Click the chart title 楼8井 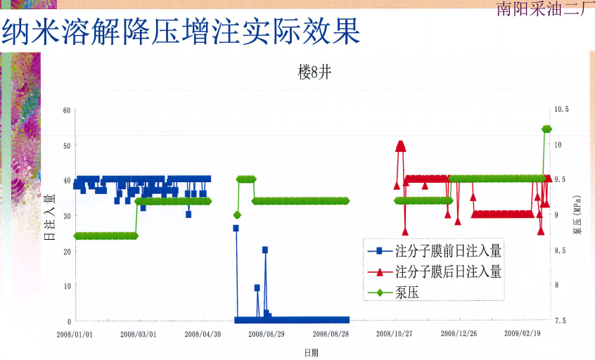[x=314, y=72]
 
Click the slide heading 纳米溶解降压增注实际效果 [x=181, y=31]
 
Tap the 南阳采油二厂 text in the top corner [x=544, y=8]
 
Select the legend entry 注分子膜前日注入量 [x=435, y=251]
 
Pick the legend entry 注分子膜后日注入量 [x=435, y=271]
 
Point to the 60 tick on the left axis [x=67, y=110]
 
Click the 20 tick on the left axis [x=67, y=252]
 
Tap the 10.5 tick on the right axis [x=562, y=109]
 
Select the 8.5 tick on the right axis [x=560, y=250]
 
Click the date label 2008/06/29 [x=267, y=334]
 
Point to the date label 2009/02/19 [x=523, y=333]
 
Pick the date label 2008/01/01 [x=75, y=335]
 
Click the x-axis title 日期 [x=311, y=353]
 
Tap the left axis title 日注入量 [x=50, y=217]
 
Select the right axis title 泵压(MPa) [x=577, y=215]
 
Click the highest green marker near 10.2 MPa [x=546, y=129]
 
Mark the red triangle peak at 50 [x=401, y=146]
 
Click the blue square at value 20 [x=265, y=250]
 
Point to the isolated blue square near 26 [x=236, y=228]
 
